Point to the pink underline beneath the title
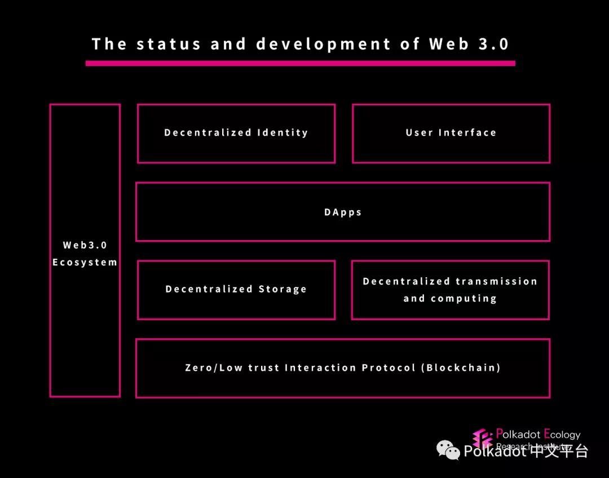click(x=300, y=64)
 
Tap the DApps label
click(x=343, y=213)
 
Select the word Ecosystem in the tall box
click(x=85, y=262)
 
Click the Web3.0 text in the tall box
click(x=85, y=245)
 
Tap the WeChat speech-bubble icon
click(x=448, y=450)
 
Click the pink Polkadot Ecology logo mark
click(x=483, y=439)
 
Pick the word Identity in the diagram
click(x=283, y=133)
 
